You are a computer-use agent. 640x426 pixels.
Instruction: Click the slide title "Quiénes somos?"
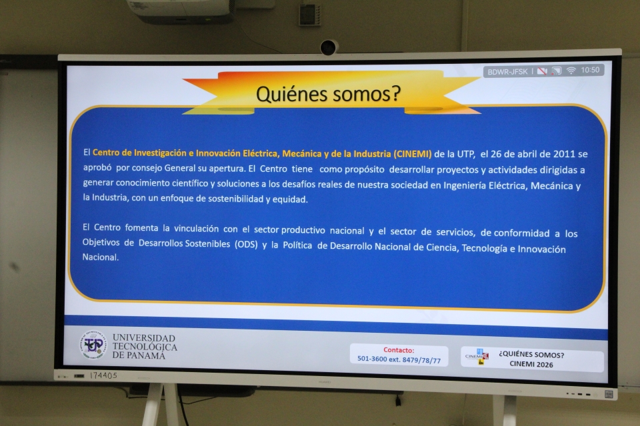click(329, 94)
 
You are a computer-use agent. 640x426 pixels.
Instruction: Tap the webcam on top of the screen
click(329, 47)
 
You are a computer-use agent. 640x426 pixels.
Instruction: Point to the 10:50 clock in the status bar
click(590, 70)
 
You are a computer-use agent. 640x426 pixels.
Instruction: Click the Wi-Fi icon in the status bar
click(571, 71)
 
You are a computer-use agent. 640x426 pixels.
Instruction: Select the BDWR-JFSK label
click(507, 72)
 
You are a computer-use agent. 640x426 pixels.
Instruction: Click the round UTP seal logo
click(93, 345)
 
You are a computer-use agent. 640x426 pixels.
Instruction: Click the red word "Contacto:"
click(399, 349)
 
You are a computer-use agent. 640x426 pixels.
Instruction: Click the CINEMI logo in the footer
click(477, 356)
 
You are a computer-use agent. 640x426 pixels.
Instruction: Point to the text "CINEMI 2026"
click(531, 364)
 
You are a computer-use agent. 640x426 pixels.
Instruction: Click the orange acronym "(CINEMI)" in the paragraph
click(412, 154)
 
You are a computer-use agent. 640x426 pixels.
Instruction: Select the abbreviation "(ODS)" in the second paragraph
click(246, 244)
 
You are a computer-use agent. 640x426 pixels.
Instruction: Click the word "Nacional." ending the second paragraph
click(101, 257)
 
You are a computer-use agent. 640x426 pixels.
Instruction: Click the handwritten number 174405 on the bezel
click(103, 375)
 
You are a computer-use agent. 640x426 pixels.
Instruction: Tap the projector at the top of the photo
click(180, 11)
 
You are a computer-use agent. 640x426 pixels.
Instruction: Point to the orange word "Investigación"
click(160, 153)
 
